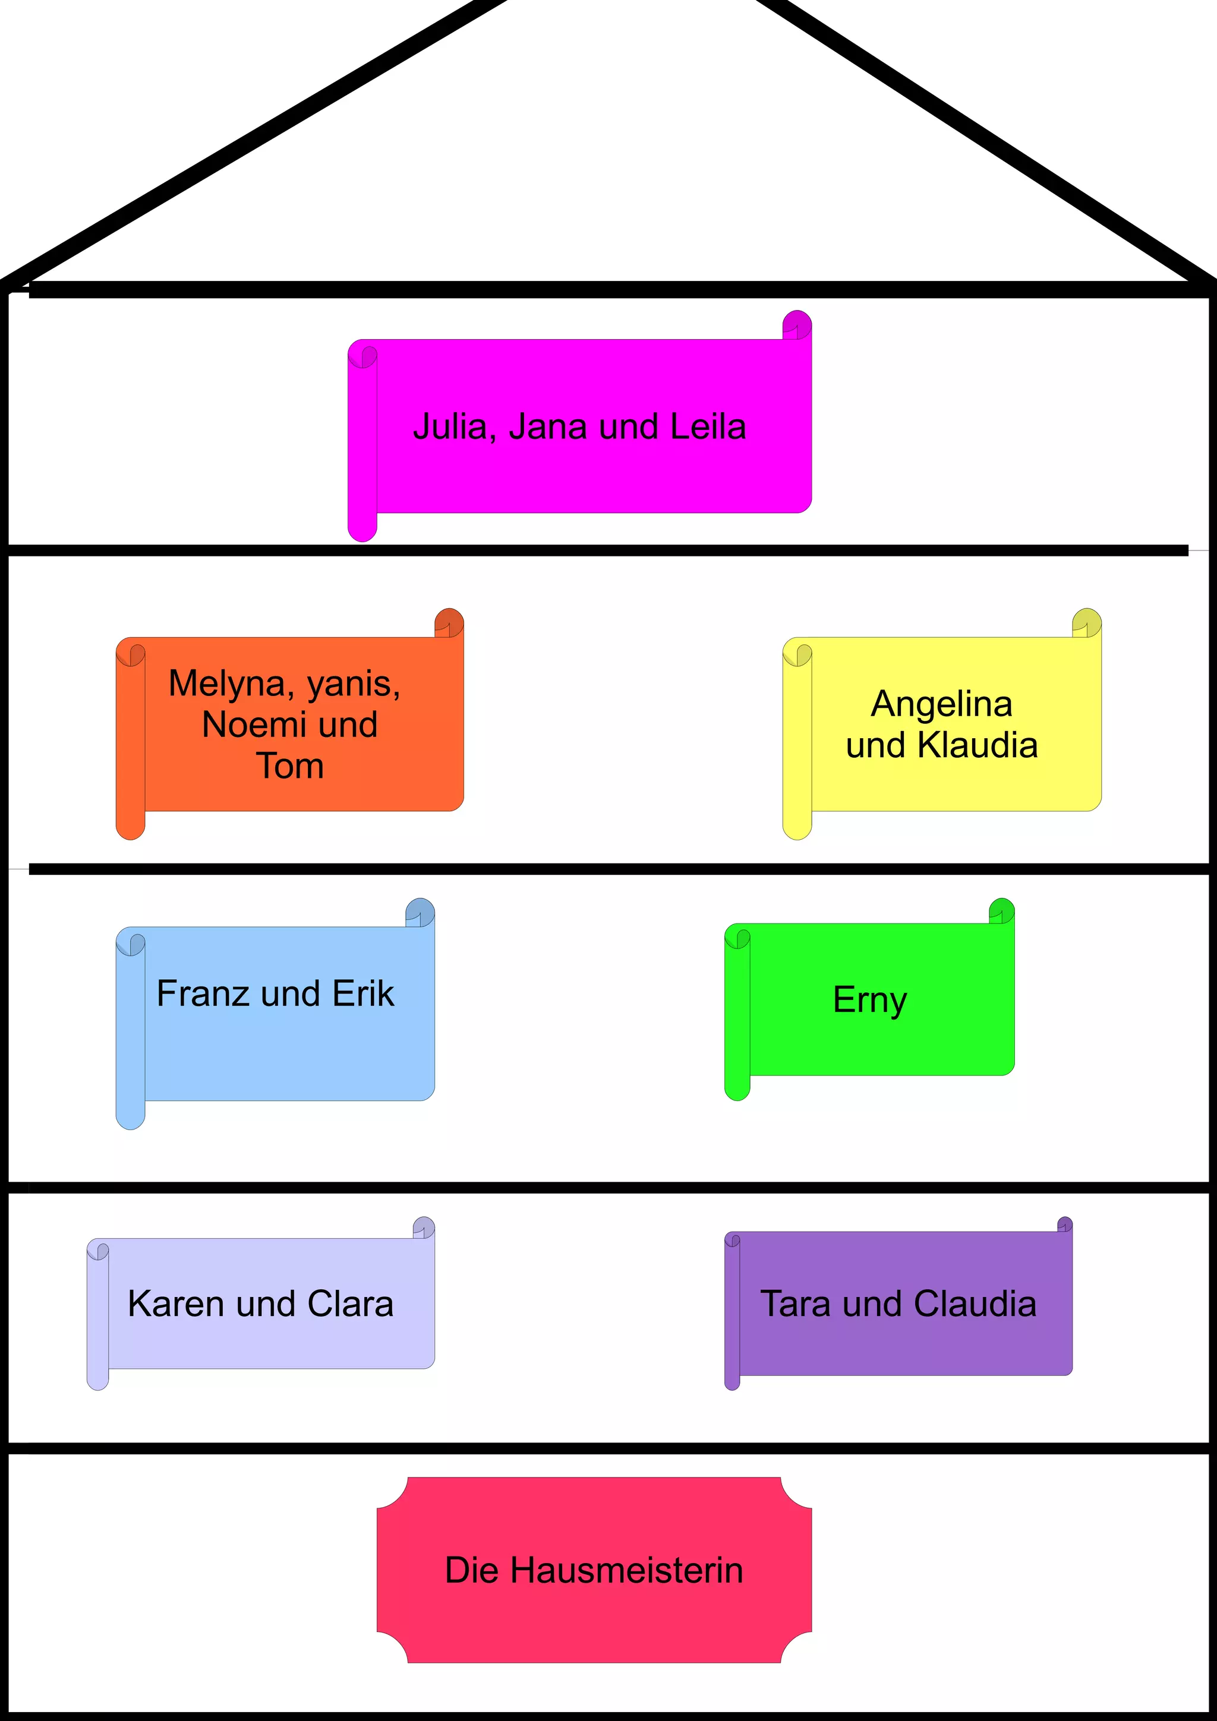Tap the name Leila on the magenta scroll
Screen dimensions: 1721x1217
(x=708, y=427)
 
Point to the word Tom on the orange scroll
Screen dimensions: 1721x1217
(x=290, y=766)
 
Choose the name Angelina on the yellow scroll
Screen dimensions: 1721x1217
(x=941, y=704)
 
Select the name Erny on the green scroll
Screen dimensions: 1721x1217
(x=870, y=1001)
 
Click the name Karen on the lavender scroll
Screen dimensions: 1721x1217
(x=176, y=1304)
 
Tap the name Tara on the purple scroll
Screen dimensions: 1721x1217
(x=796, y=1304)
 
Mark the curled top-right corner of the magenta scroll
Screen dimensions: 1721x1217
(x=797, y=325)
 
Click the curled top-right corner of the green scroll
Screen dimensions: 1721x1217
(x=1002, y=911)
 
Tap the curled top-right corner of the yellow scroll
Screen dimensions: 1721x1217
(x=1086, y=623)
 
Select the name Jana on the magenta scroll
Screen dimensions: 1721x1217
(x=547, y=427)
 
